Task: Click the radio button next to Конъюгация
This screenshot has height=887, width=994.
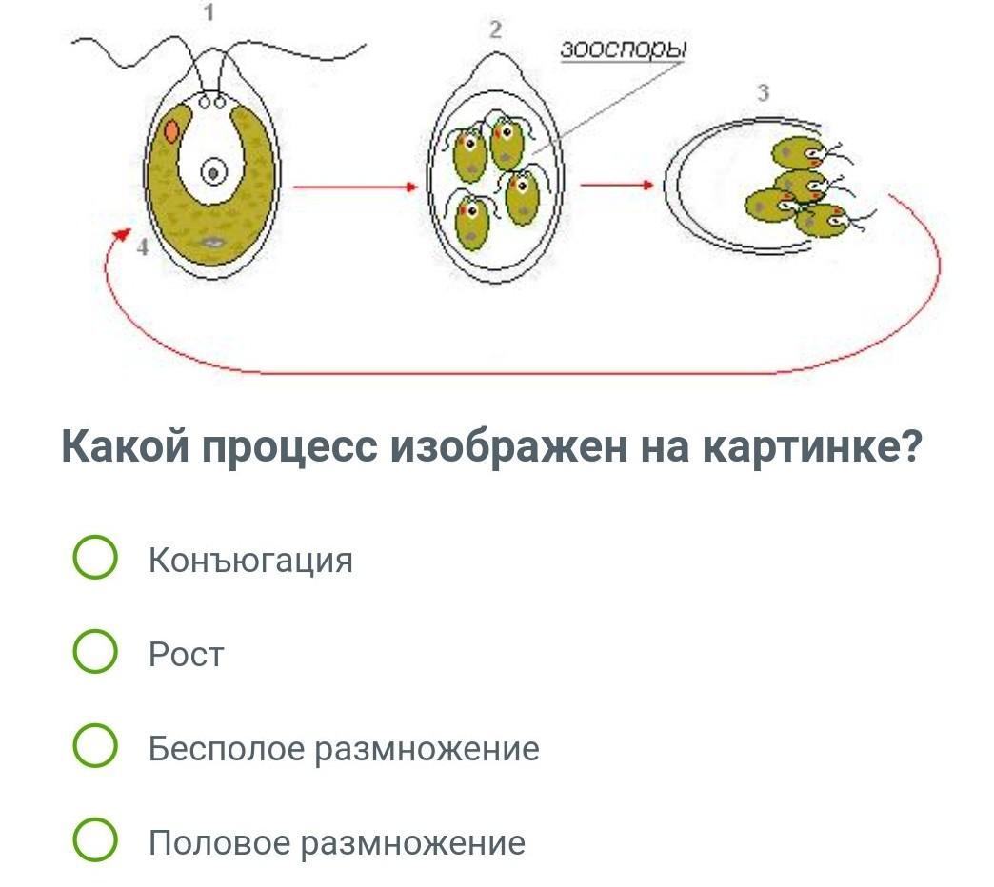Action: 95,559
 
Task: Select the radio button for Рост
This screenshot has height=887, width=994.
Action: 95,654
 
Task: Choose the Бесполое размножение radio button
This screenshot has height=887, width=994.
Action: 95,748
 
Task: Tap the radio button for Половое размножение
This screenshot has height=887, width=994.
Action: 95,842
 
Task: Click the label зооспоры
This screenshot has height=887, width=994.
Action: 624,50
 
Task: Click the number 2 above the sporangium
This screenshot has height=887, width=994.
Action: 494,30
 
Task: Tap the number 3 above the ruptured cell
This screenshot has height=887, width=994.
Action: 763,92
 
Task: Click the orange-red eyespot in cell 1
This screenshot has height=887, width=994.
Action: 171,130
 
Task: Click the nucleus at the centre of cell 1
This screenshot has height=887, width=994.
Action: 213,173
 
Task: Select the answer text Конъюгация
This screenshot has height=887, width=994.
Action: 250,560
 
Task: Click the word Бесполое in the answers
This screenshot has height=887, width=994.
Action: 226,749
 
